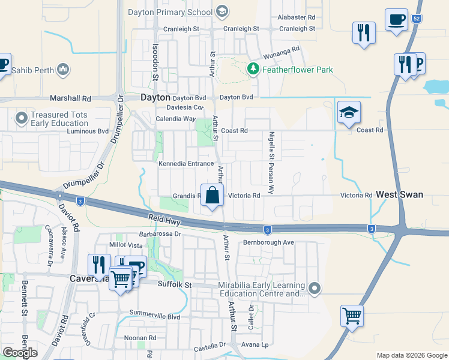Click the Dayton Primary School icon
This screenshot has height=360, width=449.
(x=222, y=11)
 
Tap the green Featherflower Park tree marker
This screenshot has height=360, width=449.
(x=253, y=70)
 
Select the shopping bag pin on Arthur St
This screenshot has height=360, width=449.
(x=212, y=195)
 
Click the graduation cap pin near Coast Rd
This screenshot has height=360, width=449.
(x=348, y=112)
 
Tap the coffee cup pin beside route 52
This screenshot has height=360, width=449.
(x=396, y=20)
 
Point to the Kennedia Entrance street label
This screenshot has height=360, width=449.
(x=186, y=164)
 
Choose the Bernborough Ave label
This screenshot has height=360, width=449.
(x=268, y=242)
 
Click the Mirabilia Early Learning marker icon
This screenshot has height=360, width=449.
(x=315, y=289)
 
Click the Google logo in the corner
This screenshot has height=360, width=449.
(x=20, y=352)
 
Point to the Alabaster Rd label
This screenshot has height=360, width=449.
(x=296, y=18)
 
